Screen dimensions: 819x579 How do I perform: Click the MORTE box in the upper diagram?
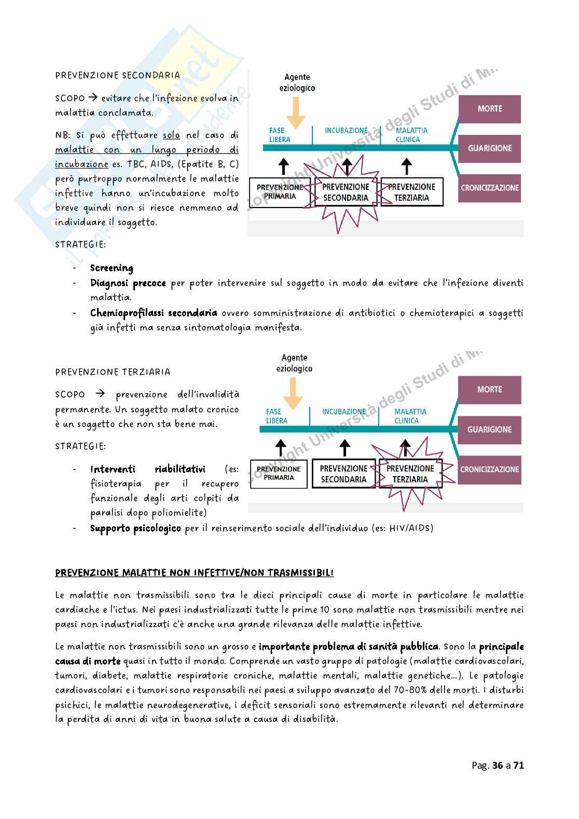tap(489, 109)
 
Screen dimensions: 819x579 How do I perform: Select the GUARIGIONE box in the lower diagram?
tap(489, 429)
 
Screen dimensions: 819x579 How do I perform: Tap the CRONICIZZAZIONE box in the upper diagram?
tap(489, 188)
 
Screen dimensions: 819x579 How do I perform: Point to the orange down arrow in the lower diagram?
tap(294, 394)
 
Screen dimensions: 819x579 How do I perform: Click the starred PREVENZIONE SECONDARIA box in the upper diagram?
tap(346, 192)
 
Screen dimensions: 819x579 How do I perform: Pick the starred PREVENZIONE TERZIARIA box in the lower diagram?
tap(410, 474)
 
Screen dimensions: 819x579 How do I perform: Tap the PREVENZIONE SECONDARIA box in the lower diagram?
tap(343, 474)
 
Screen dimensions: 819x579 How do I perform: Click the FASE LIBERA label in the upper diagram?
tap(280, 135)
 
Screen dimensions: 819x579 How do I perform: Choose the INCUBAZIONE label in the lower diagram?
tap(343, 411)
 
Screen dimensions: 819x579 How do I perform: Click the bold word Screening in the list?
tap(112, 268)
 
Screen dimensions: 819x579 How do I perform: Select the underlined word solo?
tap(171, 135)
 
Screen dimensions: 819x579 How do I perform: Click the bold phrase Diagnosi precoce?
tap(128, 283)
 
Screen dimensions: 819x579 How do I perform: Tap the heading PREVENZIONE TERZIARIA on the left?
tap(113, 372)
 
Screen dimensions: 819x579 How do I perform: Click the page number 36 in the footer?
tap(494, 765)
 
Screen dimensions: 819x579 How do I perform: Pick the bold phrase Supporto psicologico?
tap(136, 529)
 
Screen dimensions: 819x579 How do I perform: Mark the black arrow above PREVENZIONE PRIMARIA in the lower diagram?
tap(281, 447)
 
